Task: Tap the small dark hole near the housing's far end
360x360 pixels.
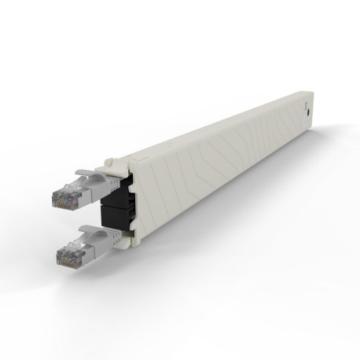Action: (x=307, y=113)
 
